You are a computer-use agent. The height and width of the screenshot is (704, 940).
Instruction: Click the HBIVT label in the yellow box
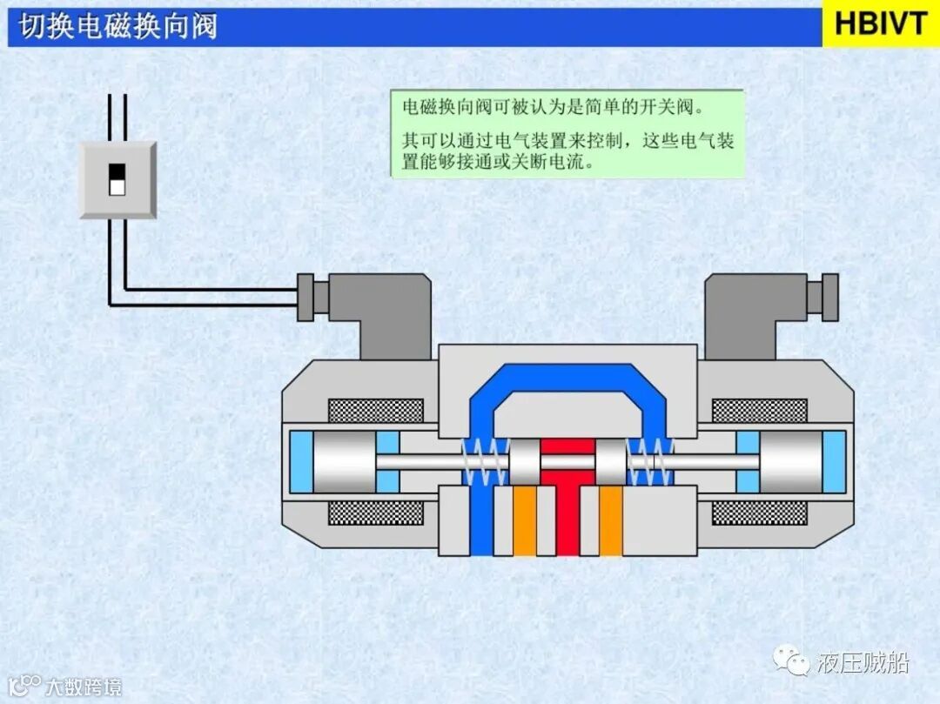click(x=881, y=23)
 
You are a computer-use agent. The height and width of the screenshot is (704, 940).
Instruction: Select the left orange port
click(x=524, y=520)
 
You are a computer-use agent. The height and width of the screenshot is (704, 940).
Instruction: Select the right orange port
click(x=611, y=520)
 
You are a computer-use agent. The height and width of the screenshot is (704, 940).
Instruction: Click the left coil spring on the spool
click(x=484, y=461)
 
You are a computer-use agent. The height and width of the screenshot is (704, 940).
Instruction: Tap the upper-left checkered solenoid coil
click(x=376, y=411)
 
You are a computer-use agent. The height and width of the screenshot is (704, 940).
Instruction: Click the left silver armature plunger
click(x=344, y=462)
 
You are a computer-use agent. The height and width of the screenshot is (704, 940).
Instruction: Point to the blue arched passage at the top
click(x=567, y=376)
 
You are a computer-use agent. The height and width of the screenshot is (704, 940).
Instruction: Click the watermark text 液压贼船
click(x=863, y=662)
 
